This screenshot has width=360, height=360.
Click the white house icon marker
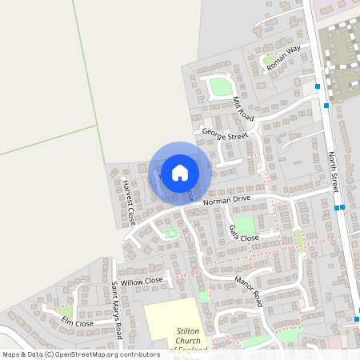point(180,172)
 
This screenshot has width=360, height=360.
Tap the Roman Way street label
point(283,59)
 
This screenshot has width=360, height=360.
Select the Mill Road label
point(243,109)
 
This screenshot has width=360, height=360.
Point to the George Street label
point(225,137)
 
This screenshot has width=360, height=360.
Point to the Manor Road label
point(249,289)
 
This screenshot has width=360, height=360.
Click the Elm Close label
point(78,322)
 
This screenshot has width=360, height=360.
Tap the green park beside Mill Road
point(220,86)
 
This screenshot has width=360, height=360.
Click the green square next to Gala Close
point(244,225)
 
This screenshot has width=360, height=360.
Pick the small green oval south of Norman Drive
point(170,234)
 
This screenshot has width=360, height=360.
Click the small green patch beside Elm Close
point(65,311)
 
